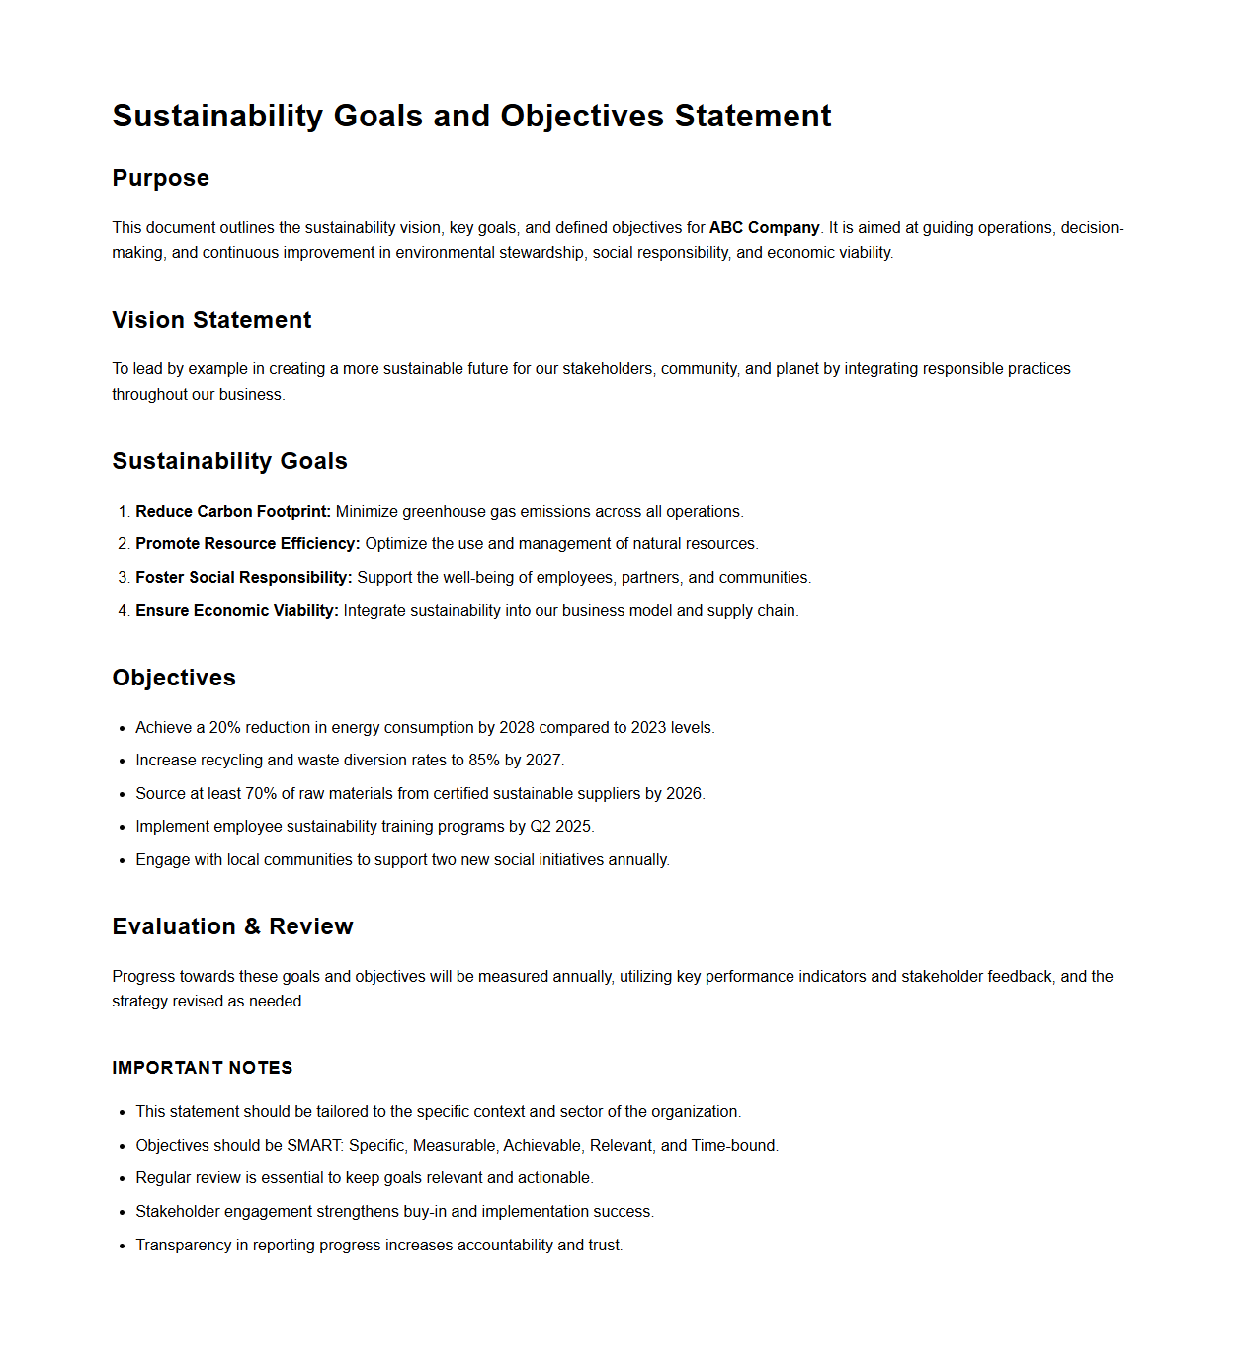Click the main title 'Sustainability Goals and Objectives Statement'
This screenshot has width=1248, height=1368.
[471, 116]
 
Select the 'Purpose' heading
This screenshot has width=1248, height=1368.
[160, 178]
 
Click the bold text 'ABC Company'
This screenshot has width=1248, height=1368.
[764, 227]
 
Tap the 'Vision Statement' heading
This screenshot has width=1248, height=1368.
[211, 320]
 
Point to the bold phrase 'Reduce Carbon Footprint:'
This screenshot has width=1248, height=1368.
[232, 511]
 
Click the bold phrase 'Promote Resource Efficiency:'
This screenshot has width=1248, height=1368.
[247, 544]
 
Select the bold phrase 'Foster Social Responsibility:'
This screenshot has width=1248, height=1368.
[243, 577]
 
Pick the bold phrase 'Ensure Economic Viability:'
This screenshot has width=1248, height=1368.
[237, 610]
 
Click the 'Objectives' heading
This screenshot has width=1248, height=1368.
[174, 678]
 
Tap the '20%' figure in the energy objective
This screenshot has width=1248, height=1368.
[224, 727]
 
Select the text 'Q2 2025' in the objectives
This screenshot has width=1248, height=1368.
[560, 827]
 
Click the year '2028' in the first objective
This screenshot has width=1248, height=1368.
[516, 727]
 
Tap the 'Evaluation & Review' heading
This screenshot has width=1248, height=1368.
[232, 926]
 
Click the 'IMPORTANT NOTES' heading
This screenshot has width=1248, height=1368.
[202, 1068]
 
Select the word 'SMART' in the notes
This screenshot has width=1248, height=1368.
[313, 1146]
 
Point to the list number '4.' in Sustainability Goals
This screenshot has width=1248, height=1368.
[124, 610]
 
